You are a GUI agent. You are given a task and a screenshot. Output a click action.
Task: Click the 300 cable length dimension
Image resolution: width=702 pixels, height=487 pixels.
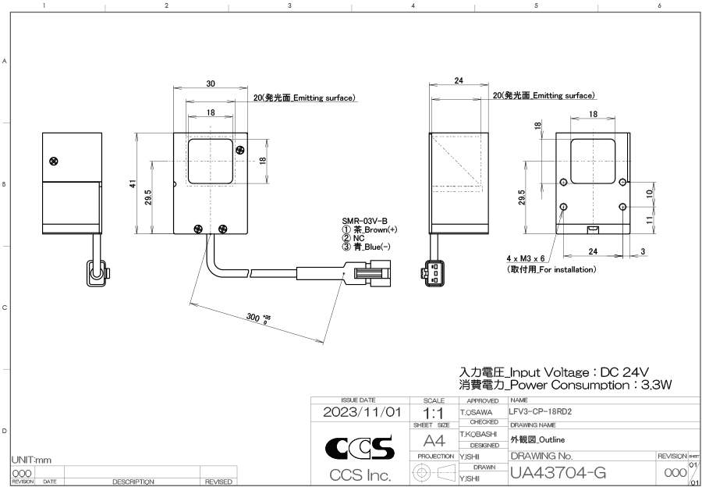(x=255, y=318)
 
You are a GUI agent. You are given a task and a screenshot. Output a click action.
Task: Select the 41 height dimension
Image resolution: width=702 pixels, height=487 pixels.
(x=135, y=183)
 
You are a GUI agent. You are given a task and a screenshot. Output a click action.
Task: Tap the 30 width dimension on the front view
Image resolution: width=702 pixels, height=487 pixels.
(x=211, y=84)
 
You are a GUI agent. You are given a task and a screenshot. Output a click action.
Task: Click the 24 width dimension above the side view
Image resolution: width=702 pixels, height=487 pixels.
(x=459, y=80)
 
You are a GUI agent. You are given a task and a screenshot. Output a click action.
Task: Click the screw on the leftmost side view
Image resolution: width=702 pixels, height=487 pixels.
(x=53, y=161)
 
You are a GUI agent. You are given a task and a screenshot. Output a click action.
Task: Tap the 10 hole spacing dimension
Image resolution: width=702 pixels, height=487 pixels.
(x=648, y=193)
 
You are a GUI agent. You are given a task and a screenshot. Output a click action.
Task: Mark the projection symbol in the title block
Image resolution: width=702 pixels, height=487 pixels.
(x=434, y=471)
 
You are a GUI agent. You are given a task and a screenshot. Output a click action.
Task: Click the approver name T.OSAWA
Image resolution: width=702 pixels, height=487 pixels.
(x=477, y=411)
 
